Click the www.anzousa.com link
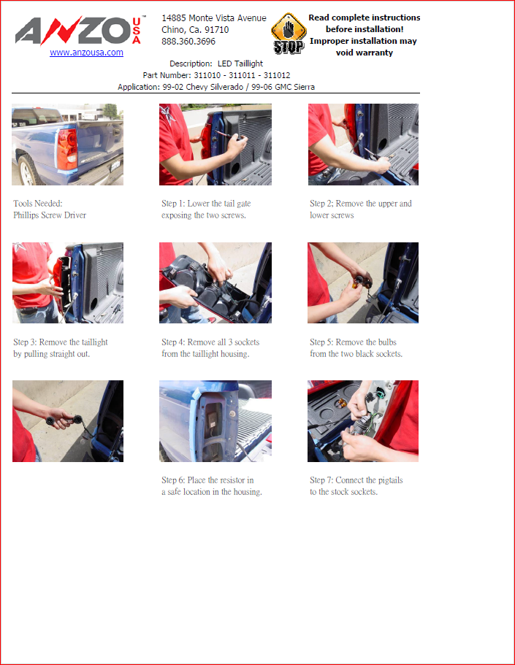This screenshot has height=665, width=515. [x=86, y=53]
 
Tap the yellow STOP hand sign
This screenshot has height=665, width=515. [x=289, y=34]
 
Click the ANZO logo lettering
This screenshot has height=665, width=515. [x=73, y=31]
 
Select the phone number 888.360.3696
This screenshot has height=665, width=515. [x=188, y=42]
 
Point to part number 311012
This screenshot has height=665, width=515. [x=277, y=75]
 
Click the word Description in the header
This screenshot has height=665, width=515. [x=191, y=64]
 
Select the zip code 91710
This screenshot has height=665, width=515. [x=218, y=30]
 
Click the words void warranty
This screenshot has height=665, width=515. [x=365, y=53]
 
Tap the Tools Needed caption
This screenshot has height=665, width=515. [x=38, y=204]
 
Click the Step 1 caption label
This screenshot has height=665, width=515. [x=173, y=204]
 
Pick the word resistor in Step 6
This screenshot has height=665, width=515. [x=232, y=480]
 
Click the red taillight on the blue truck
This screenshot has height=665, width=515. [x=67, y=150]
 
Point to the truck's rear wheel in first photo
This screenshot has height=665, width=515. [x=28, y=171]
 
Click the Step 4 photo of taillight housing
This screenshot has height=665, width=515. [x=215, y=283]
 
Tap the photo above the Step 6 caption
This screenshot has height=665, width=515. [x=215, y=421]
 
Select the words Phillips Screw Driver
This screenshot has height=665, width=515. [x=50, y=215]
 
